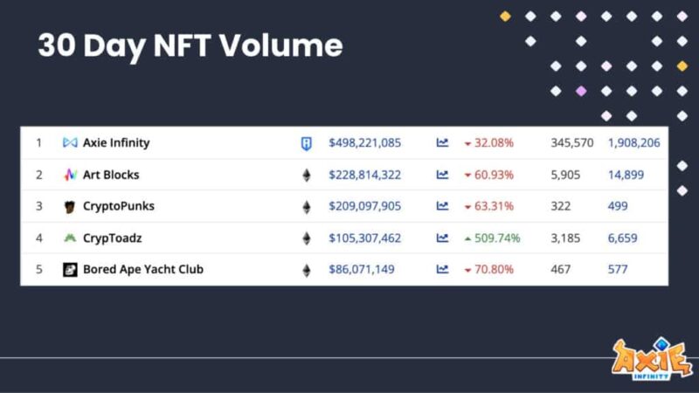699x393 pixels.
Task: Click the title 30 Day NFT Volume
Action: (x=190, y=45)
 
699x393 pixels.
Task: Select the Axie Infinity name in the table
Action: (x=116, y=142)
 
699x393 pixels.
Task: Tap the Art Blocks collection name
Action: (x=111, y=175)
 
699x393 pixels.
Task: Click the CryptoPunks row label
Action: (x=119, y=206)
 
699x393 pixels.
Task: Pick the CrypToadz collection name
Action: (x=113, y=238)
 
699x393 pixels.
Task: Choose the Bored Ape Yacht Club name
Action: (x=142, y=269)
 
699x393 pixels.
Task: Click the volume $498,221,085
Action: (x=364, y=142)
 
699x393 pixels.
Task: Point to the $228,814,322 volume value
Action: (x=364, y=175)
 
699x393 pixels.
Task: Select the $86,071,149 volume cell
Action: (x=361, y=269)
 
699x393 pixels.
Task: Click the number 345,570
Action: (x=572, y=142)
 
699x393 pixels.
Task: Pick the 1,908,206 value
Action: (x=633, y=142)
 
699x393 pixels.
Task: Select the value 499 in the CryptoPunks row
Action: (x=619, y=206)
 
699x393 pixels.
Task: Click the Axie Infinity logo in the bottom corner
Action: (x=652, y=358)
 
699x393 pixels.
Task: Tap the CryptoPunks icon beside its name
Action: (x=70, y=207)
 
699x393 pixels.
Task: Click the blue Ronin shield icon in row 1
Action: (x=306, y=143)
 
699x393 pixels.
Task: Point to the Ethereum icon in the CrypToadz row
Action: (x=306, y=238)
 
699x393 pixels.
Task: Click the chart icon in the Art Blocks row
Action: (x=442, y=175)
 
